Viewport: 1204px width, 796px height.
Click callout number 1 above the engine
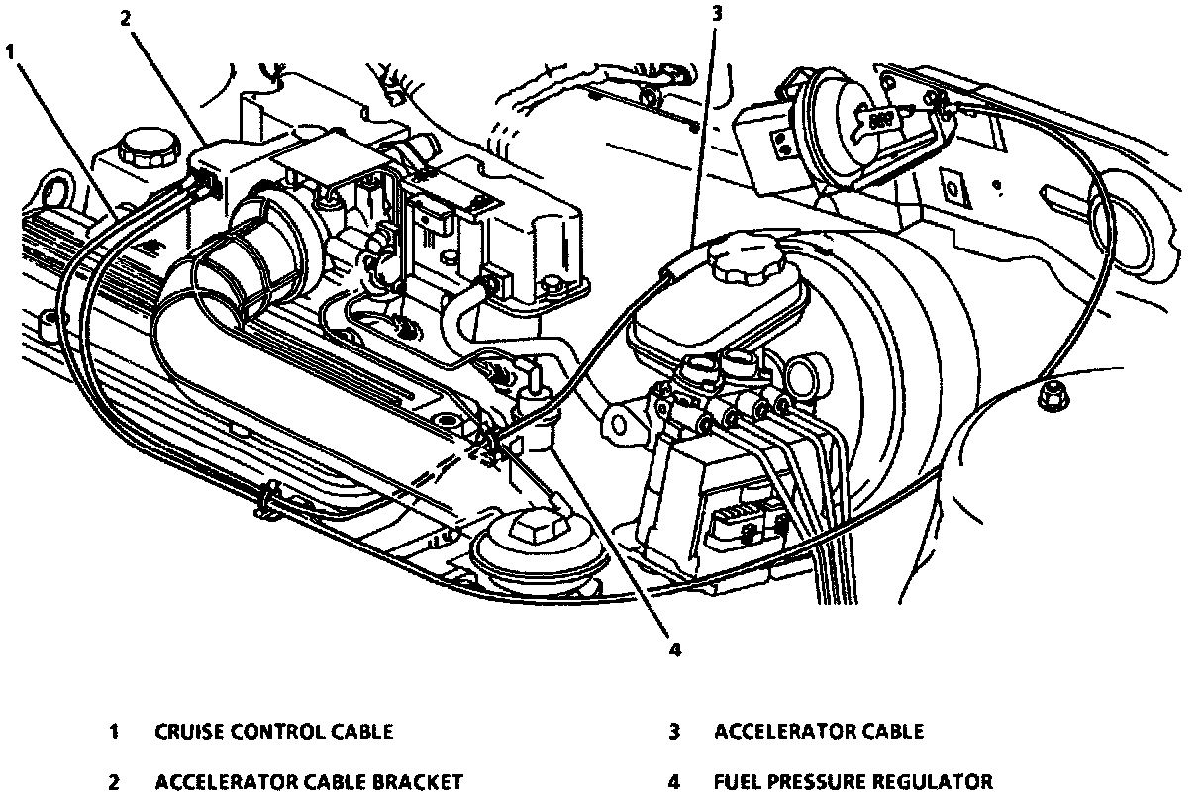[11, 51]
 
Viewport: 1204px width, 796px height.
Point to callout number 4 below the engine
[675, 649]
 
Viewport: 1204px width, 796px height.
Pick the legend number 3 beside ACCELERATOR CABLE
[674, 732]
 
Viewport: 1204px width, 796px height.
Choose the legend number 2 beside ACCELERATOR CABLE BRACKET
[114, 782]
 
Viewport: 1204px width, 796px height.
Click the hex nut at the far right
[1053, 395]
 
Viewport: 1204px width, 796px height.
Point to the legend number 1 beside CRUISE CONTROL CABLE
[114, 732]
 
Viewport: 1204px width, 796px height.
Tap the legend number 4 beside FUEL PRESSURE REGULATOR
[674, 782]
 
